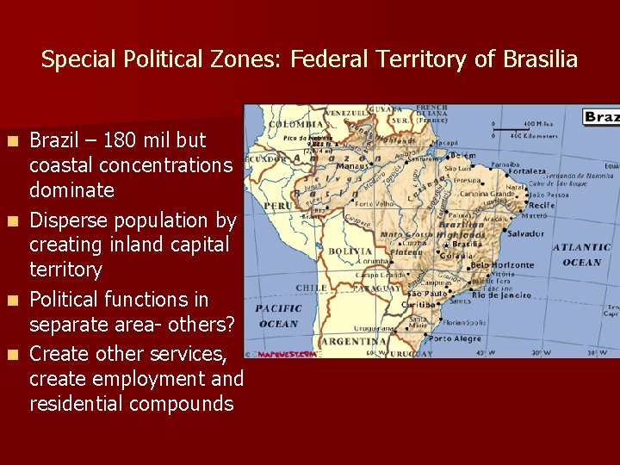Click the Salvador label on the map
click(x=525, y=233)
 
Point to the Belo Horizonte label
click(x=502, y=264)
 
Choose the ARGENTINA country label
click(x=352, y=341)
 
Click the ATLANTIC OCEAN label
click(x=581, y=255)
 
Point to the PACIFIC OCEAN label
click(x=278, y=315)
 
